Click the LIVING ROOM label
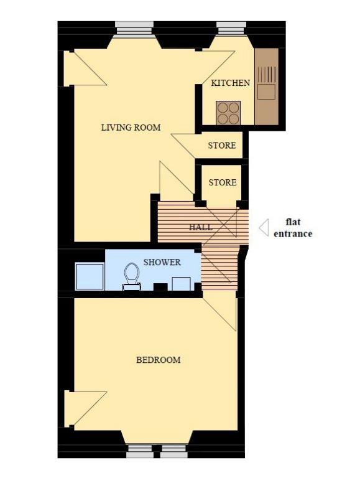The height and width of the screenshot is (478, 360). click(131, 128)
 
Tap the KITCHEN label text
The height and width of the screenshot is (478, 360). click(230, 83)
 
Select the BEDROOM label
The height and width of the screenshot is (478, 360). click(158, 360)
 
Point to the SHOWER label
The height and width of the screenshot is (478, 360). click(162, 262)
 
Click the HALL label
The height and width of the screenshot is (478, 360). click(201, 227)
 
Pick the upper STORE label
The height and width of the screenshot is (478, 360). click(222, 146)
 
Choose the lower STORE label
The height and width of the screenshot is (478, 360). click(223, 182)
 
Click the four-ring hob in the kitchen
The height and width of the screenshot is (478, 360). click(228, 113)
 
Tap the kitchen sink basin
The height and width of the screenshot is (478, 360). click(266, 91)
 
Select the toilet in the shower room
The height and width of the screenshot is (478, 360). click(132, 276)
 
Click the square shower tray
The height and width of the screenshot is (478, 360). click(90, 276)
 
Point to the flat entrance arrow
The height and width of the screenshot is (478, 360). click(264, 228)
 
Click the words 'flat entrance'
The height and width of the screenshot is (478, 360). click(293, 228)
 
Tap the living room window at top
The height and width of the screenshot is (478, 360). click(134, 29)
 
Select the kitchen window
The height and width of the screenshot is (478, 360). click(231, 29)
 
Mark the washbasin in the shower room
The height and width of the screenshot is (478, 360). click(182, 284)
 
